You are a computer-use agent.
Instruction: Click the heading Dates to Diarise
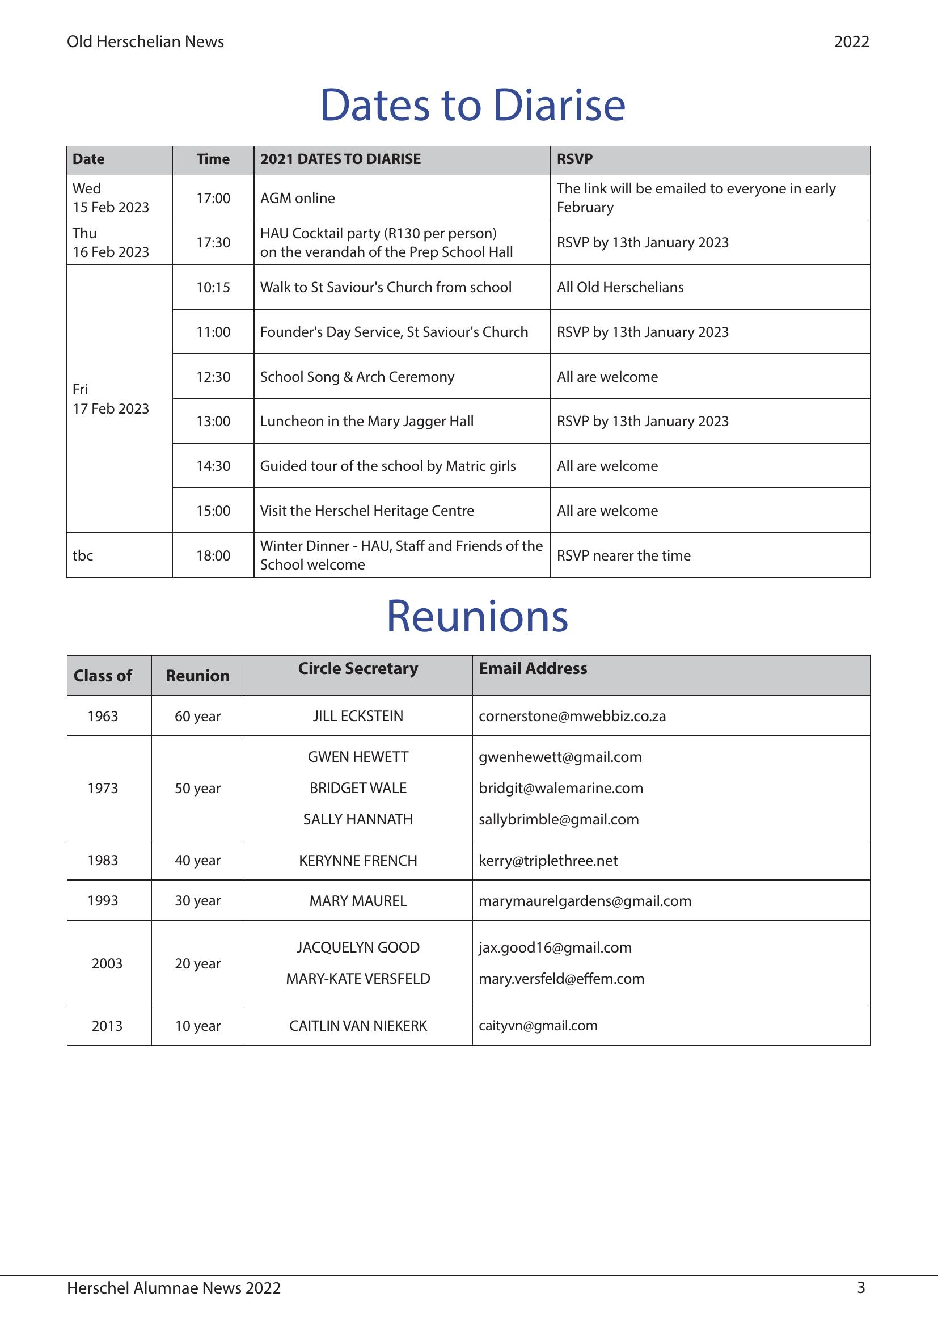(x=472, y=105)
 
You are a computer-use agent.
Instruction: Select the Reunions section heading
(x=477, y=616)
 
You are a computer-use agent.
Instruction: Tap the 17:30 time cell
(x=213, y=243)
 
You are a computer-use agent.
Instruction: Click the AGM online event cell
(x=298, y=198)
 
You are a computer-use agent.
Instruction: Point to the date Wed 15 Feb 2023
(x=111, y=197)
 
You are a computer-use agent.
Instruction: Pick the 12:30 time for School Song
(x=213, y=377)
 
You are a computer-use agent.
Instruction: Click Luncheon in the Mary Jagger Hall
(x=367, y=422)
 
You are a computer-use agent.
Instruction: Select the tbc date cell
(x=83, y=555)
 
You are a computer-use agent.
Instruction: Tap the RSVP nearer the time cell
(x=624, y=555)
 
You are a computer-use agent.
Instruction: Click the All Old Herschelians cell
(x=620, y=287)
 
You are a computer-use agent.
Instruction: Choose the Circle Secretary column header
(x=358, y=669)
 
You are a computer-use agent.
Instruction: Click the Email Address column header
(x=533, y=669)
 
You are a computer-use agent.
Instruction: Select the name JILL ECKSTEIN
(x=358, y=716)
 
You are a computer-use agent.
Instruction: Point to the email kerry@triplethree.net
(x=548, y=861)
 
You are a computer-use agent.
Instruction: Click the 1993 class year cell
(x=103, y=900)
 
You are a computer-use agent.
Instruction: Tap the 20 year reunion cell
(x=197, y=963)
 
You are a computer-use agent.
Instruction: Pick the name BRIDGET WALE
(x=358, y=789)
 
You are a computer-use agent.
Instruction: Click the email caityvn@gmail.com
(x=538, y=1026)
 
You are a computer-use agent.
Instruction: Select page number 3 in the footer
(x=861, y=1288)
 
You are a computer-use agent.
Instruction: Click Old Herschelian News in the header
(x=146, y=41)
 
